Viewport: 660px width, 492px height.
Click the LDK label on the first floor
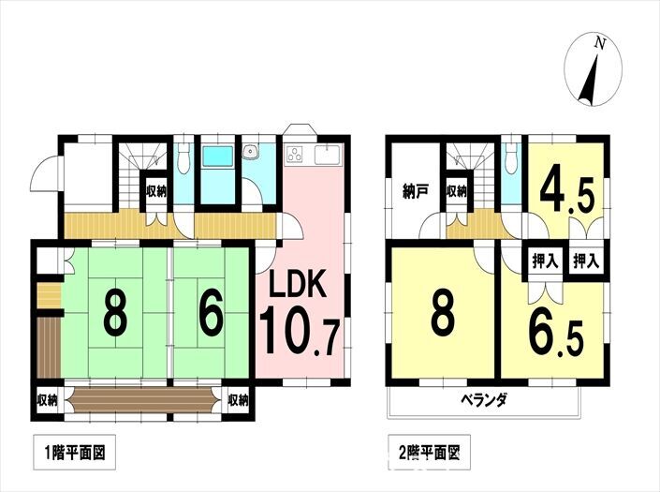click(297, 285)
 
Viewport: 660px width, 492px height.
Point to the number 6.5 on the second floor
click(556, 335)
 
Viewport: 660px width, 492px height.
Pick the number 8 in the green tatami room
click(114, 315)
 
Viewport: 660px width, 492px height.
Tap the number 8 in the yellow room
click(443, 315)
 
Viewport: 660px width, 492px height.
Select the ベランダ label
click(484, 399)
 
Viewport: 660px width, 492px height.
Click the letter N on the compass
click(599, 43)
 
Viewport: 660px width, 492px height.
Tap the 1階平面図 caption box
click(75, 454)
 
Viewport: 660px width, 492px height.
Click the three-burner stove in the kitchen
click(296, 154)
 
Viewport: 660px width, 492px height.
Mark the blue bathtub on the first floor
click(217, 157)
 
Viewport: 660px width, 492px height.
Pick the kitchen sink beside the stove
click(328, 155)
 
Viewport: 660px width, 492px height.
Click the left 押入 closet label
click(545, 262)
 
